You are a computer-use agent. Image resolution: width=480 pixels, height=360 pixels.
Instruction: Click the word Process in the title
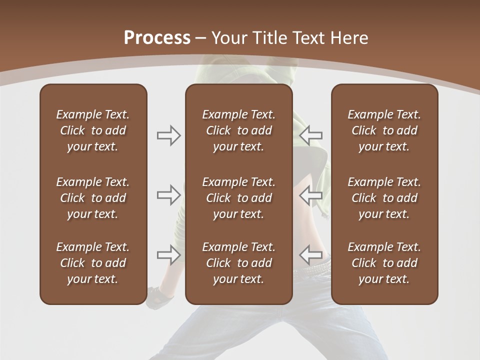coord(157,37)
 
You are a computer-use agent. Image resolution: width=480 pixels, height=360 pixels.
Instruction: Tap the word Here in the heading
coord(350,37)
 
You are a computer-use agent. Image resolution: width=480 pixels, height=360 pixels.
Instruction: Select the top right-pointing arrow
coord(169,135)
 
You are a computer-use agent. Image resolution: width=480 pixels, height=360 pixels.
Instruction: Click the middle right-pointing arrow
coord(169,195)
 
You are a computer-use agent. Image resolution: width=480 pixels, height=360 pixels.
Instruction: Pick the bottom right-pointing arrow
coord(169,255)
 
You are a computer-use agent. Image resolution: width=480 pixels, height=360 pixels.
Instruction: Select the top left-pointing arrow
coord(310,135)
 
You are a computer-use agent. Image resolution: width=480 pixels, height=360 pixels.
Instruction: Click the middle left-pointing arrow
coord(310,195)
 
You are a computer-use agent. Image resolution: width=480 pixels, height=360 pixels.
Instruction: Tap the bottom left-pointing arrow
coord(310,255)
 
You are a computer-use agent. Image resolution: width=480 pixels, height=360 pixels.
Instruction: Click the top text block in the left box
coord(93,130)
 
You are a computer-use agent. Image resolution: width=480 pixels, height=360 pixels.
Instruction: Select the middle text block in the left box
coord(93,198)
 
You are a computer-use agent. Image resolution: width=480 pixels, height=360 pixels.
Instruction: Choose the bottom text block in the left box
coord(93,263)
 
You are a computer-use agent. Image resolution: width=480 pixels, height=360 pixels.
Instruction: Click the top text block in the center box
coord(238,130)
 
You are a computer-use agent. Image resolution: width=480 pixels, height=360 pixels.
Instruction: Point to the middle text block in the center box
coord(238,198)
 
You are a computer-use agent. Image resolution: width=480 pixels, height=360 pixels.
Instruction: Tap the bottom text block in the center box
coord(238,263)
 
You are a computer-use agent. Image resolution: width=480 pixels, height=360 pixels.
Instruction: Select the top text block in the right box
coord(384,130)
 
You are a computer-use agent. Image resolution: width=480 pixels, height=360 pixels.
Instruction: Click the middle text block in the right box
coord(384,198)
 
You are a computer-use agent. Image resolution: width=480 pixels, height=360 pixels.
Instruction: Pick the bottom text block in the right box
coord(384,263)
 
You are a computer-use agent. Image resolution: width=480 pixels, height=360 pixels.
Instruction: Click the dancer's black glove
coord(159,297)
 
